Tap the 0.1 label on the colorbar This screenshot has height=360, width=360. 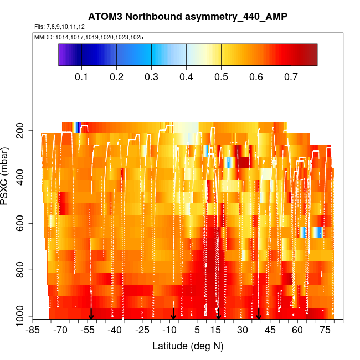click(81, 76)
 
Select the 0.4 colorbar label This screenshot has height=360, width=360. click(186, 76)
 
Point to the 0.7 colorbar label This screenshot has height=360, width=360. click(291, 76)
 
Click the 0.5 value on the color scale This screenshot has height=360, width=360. click(221, 76)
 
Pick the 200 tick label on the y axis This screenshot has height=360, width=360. click(24, 131)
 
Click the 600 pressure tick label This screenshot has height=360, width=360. click(24, 224)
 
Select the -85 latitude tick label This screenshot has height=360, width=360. click(33, 331)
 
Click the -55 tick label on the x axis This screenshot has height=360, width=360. click(88, 331)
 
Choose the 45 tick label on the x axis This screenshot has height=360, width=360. click(270, 331)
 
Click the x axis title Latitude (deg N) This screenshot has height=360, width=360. click(188, 346)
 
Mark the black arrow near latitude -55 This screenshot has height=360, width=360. click(91, 313)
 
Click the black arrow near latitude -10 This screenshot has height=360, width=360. click(173, 313)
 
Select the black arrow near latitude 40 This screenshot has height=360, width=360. click(259, 313)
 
